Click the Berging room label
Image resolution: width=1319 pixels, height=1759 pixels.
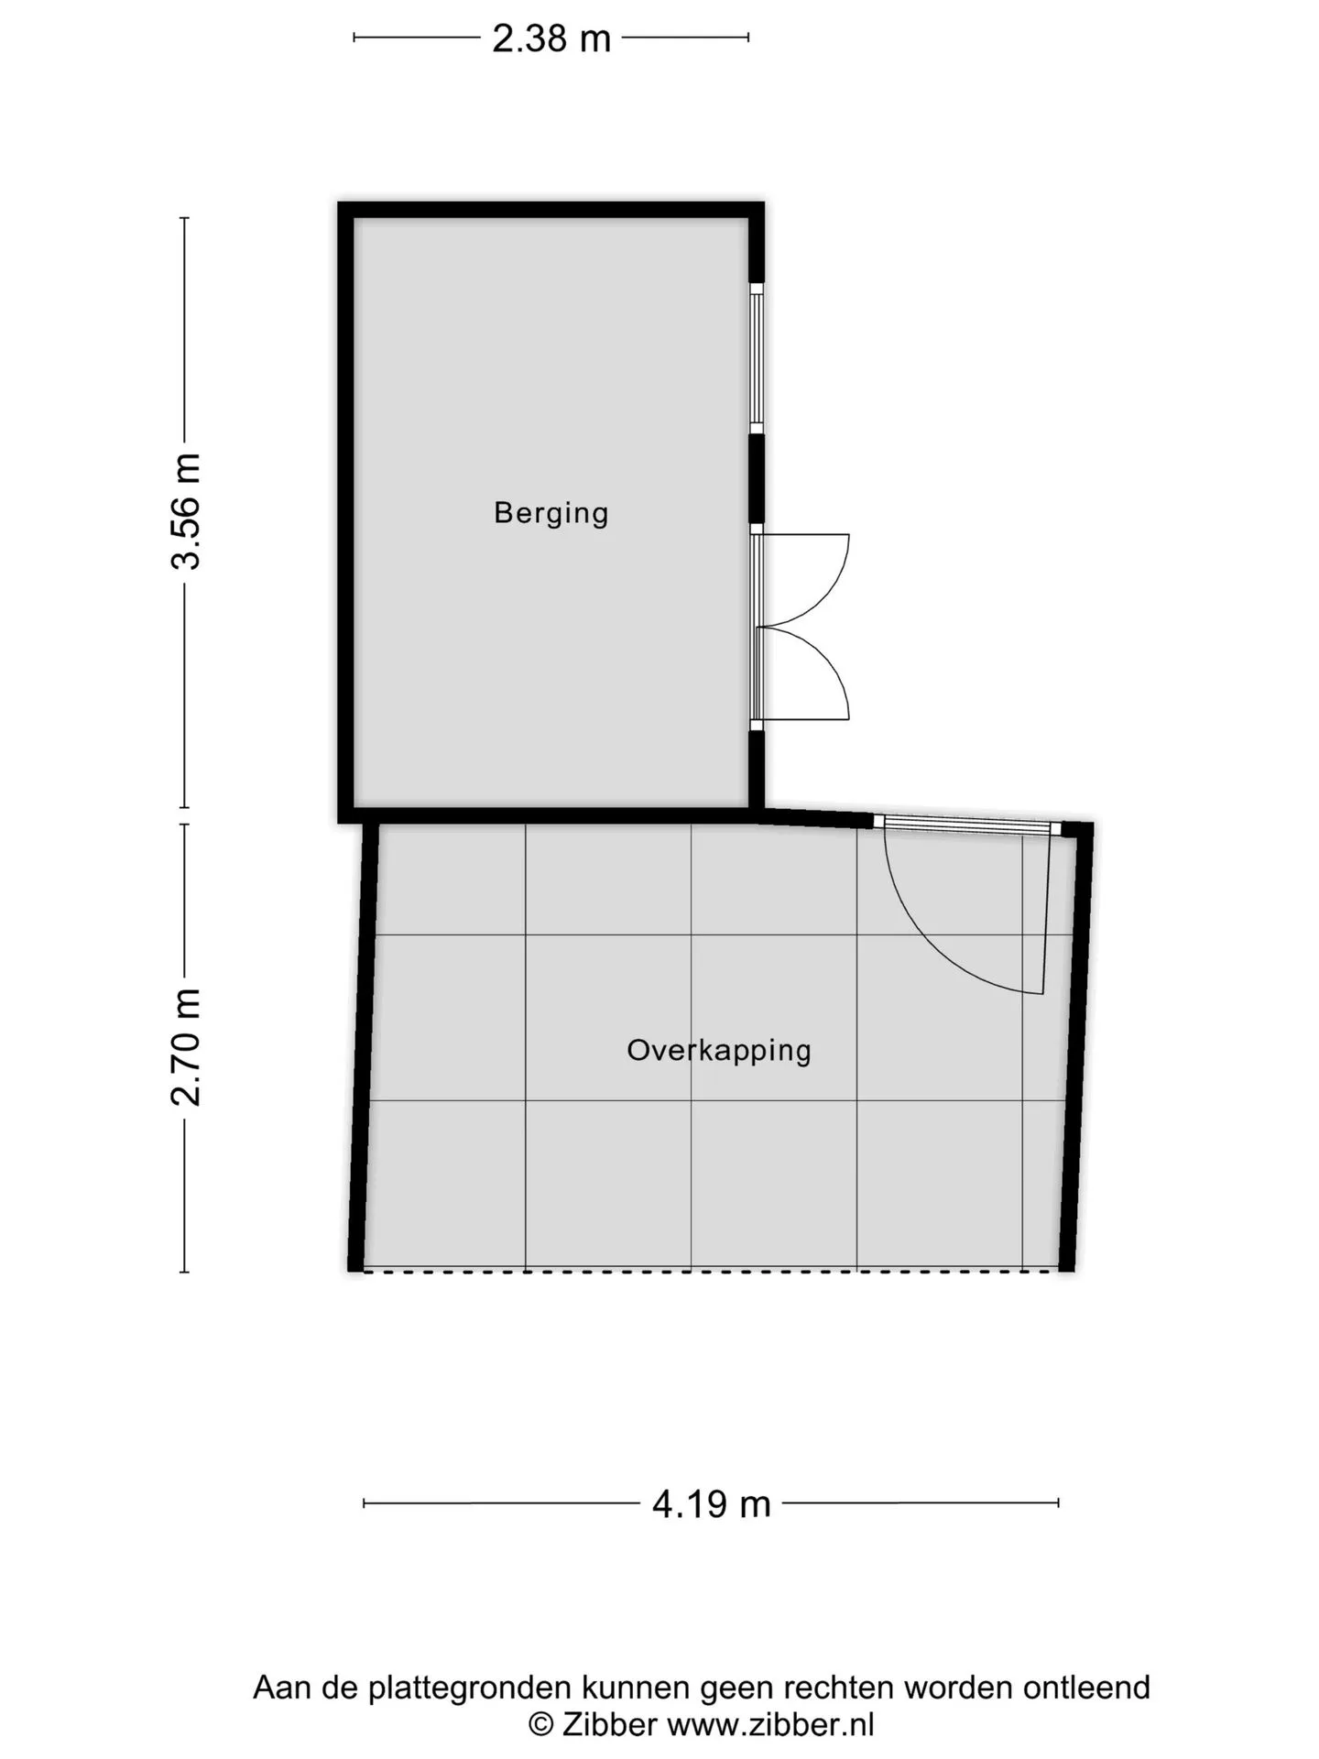(x=550, y=512)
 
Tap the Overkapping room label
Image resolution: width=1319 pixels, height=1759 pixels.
(x=719, y=1050)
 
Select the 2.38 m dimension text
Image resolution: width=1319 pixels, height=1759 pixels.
(x=551, y=38)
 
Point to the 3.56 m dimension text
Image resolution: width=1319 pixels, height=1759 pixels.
(x=186, y=511)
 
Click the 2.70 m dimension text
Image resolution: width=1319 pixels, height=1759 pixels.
(x=186, y=1047)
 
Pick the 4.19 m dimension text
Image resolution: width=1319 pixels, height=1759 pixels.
(x=712, y=1504)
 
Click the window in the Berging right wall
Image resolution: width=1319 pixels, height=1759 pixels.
(x=757, y=358)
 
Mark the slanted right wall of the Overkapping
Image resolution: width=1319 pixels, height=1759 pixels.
(x=1077, y=1047)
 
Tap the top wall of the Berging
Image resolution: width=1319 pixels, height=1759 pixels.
(x=551, y=210)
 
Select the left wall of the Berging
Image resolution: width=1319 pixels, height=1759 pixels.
(x=346, y=512)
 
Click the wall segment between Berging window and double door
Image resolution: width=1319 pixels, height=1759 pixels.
(x=757, y=479)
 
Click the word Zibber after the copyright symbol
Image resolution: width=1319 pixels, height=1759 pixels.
(x=609, y=1724)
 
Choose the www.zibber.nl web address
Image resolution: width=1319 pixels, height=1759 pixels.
(x=770, y=1724)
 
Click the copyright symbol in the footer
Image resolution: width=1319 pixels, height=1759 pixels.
(x=541, y=1725)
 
